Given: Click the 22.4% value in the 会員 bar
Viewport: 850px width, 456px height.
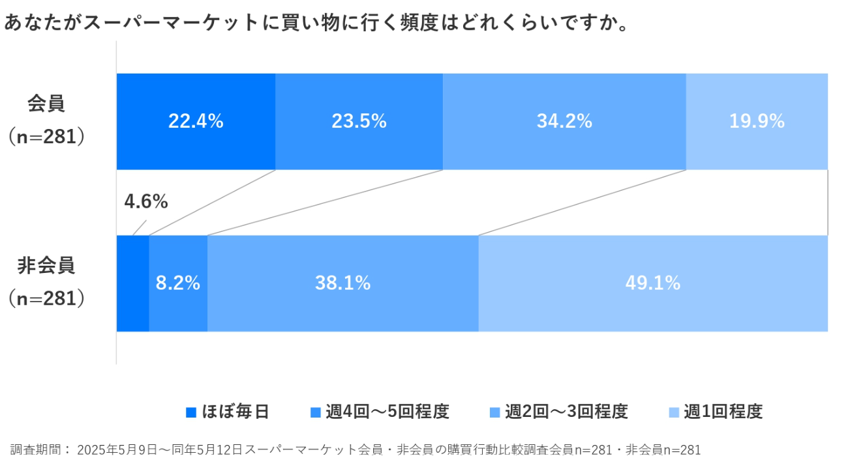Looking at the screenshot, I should (x=196, y=121).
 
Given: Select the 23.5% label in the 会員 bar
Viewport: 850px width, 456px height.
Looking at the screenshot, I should (x=359, y=121).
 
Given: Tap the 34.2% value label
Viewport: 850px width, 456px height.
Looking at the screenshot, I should (x=564, y=121).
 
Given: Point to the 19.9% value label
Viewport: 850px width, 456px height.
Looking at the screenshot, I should (x=757, y=121).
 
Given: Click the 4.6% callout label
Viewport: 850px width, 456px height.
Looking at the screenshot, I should (x=146, y=202).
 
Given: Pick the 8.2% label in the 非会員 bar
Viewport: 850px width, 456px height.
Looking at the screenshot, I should (x=177, y=283).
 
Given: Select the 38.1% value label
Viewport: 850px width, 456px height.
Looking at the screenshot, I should (x=342, y=283).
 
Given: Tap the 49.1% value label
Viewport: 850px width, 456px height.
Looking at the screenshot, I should (x=653, y=283).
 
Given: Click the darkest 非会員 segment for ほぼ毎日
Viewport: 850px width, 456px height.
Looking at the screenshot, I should (x=132, y=283).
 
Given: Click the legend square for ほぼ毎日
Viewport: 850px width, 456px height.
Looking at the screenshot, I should (x=191, y=412).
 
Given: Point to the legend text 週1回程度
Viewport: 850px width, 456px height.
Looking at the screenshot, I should (x=723, y=412).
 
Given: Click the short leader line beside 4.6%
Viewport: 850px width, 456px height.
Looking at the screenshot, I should (x=140, y=227).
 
